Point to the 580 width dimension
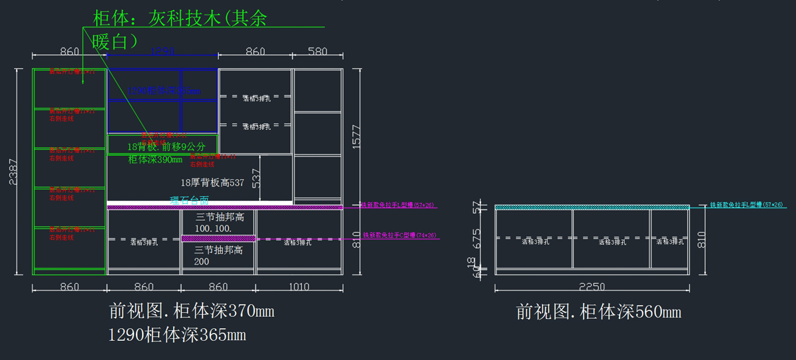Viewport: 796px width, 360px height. point(317,51)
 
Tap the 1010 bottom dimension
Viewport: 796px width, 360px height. point(300,287)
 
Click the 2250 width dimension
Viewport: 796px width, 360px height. point(592,286)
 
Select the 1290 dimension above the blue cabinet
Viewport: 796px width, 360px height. point(162,51)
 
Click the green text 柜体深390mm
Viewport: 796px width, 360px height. point(155,160)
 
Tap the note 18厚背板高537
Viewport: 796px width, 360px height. point(212,182)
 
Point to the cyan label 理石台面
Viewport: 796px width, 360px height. point(189,200)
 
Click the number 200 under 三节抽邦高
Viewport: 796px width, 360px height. point(202,261)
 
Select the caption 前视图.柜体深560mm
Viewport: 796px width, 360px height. point(598,312)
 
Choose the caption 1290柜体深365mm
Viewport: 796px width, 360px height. point(177,335)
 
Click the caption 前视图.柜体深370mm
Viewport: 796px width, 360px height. point(191,310)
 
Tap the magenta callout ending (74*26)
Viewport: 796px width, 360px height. point(399,235)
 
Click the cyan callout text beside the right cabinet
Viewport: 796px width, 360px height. point(746,206)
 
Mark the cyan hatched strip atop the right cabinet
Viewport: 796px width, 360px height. point(592,208)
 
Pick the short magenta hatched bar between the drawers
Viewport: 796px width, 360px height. point(218,238)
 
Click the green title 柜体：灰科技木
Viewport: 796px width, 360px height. point(180,19)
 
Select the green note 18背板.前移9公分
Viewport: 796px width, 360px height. point(166,147)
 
